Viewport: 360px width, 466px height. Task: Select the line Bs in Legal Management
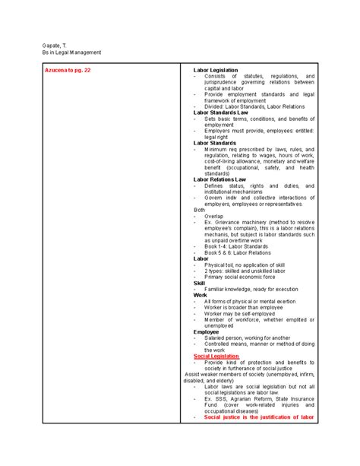pyautogui.click(x=71, y=52)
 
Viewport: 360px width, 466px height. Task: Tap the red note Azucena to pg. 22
pyautogui.click(x=68, y=70)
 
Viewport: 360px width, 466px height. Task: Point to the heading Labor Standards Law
pyautogui.click(x=221, y=113)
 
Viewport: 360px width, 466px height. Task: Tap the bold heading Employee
pyautogui.click(x=206, y=331)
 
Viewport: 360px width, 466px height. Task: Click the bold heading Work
pyautogui.click(x=200, y=295)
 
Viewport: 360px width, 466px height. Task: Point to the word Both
pyautogui.click(x=199, y=209)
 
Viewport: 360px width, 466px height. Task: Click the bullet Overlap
pyautogui.click(x=216, y=216)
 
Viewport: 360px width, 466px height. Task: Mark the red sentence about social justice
pyautogui.click(x=258, y=417)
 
